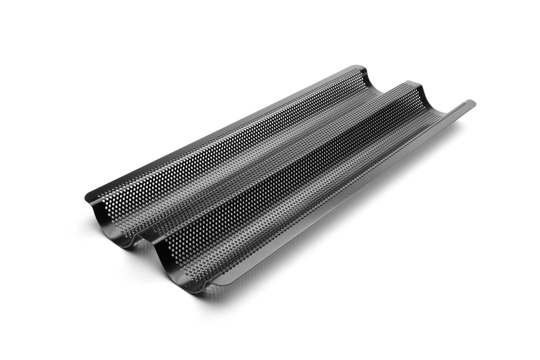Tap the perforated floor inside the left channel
tap(223, 173)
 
